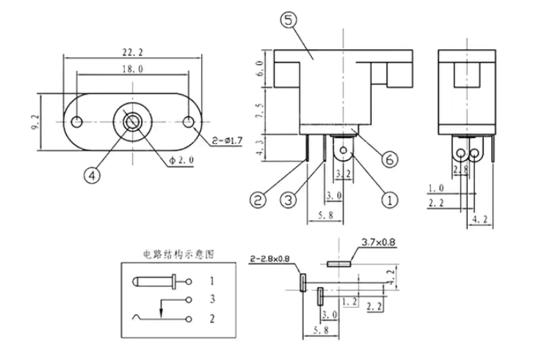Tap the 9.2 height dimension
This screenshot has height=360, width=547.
[35, 122]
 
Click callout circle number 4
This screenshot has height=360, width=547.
[91, 175]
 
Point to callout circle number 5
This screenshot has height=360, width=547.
[287, 21]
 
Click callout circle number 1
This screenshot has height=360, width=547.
[389, 197]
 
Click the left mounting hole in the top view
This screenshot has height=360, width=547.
[77, 121]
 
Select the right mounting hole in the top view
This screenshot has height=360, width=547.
[189, 121]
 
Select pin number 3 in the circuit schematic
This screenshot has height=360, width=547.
[212, 299]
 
